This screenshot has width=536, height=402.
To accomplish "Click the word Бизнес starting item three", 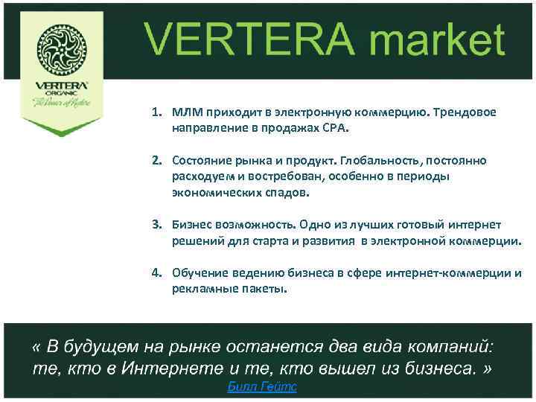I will tap(191, 224).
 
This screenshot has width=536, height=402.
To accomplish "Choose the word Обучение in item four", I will tap(198, 272).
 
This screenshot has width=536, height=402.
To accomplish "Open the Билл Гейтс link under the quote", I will tap(261, 387).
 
